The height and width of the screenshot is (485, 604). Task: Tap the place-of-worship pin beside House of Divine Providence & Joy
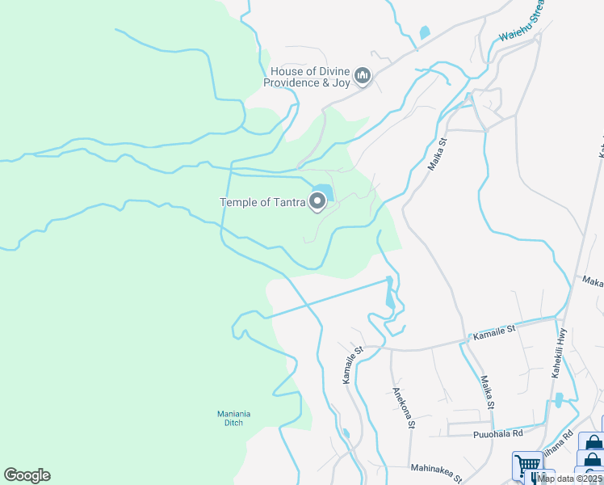(x=363, y=78)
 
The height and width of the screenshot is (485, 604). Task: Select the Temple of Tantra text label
(x=262, y=202)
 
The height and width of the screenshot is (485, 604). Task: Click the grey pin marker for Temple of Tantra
(x=317, y=202)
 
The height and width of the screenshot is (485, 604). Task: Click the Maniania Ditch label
(x=234, y=418)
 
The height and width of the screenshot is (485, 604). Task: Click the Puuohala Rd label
(x=497, y=434)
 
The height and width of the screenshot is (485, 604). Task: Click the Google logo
(x=27, y=475)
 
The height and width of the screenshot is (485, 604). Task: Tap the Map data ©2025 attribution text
(x=570, y=479)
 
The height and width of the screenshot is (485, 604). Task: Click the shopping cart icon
(x=527, y=466)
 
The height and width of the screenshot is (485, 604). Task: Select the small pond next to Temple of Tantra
(x=324, y=192)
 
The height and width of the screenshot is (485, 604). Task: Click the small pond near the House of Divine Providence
(x=425, y=33)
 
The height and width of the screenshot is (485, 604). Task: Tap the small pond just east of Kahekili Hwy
(x=559, y=400)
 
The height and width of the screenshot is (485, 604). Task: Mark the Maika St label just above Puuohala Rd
(x=487, y=392)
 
